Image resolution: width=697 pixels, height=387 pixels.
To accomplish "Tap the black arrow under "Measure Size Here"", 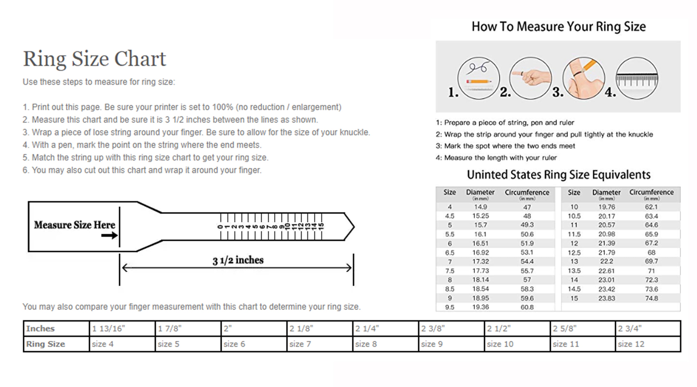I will tap(109, 235).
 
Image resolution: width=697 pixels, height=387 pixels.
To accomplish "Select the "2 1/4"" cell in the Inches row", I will tap(367, 328).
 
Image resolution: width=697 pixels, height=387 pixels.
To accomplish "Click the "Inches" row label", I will tap(40, 328).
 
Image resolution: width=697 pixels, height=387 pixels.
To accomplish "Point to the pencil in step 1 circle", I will tap(478, 81).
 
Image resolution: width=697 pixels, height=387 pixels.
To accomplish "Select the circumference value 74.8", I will tap(651, 298).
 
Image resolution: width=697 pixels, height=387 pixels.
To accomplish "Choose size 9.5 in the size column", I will tap(449, 307).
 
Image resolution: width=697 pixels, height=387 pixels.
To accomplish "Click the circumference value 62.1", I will tap(651, 207).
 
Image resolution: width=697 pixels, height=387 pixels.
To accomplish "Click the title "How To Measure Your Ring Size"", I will tap(559, 26).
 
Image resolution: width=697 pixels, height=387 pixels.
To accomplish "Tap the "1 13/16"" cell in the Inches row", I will tap(108, 328).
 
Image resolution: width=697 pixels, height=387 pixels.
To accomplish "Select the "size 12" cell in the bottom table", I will tap(631, 344).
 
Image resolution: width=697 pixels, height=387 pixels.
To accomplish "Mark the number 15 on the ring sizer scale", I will tap(321, 226).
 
